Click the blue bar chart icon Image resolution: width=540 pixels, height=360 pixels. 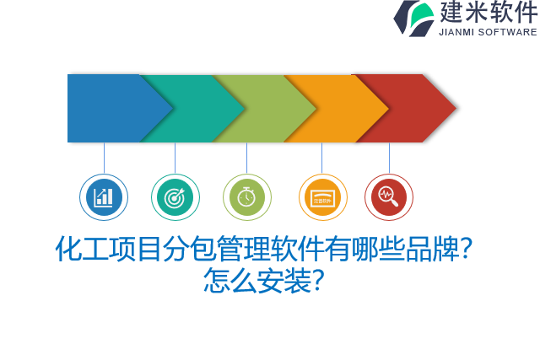(x=104, y=197)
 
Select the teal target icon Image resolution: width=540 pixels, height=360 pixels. (x=175, y=197)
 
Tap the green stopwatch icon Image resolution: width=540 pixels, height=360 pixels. (x=246, y=197)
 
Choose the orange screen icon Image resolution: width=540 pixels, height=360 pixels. (x=322, y=197)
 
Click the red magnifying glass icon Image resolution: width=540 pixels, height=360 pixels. (x=389, y=197)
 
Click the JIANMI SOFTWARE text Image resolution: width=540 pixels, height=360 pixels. (x=488, y=32)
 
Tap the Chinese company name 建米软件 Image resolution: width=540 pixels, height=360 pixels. (x=488, y=13)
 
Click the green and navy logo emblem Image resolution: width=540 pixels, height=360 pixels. (x=413, y=18)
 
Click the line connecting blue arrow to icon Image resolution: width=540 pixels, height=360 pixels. (x=104, y=158)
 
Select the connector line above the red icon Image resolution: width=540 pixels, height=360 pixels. (x=389, y=158)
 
